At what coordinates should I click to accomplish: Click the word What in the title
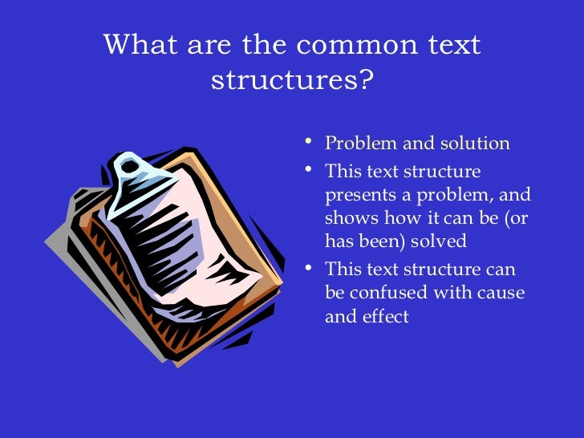142,45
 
